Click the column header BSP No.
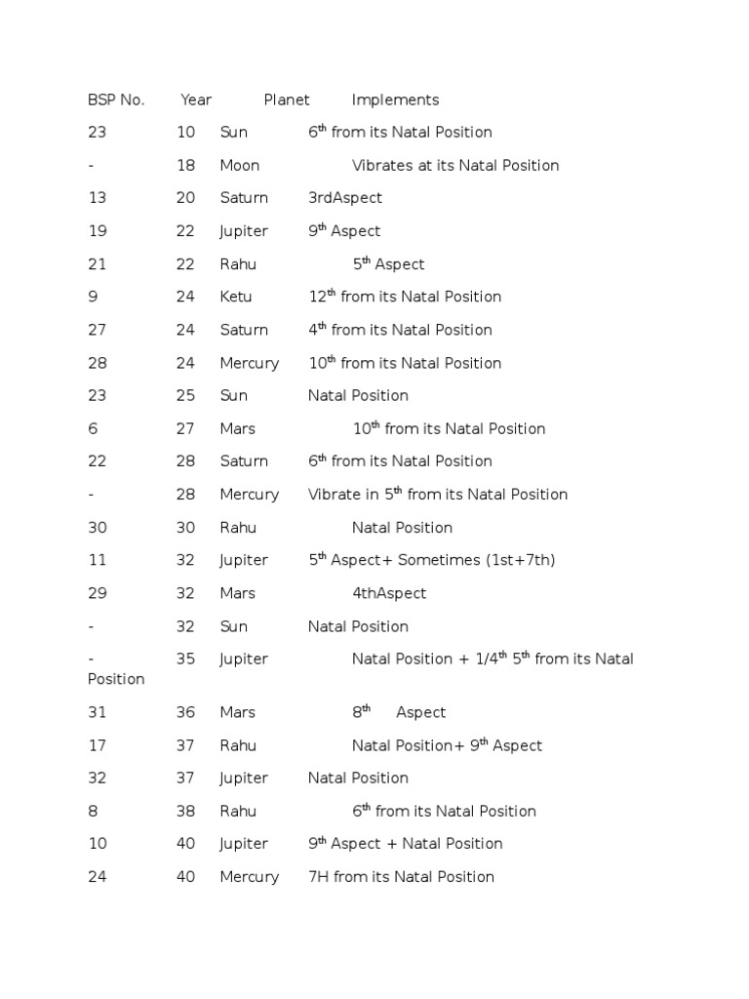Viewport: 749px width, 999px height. click(116, 100)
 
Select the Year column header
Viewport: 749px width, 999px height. click(196, 100)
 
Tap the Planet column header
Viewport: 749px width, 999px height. click(287, 100)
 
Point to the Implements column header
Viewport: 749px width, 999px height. click(395, 100)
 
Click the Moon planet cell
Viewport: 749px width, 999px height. click(240, 165)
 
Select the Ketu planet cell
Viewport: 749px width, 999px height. click(237, 297)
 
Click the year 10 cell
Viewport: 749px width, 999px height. click(185, 133)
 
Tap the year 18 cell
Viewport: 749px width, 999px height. click(185, 165)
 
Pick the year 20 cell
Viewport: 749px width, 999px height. click(185, 198)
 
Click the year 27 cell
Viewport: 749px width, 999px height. click(185, 428)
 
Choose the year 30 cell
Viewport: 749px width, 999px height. click(185, 528)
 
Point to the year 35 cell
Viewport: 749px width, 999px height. click(185, 659)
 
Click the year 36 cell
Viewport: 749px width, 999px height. click(185, 712)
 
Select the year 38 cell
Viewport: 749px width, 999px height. click(185, 811)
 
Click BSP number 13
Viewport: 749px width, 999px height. click(97, 198)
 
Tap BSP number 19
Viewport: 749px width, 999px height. click(97, 231)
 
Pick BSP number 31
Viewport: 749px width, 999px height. click(97, 712)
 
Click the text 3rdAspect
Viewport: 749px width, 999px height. click(345, 198)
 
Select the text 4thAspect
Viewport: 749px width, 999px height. click(389, 593)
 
